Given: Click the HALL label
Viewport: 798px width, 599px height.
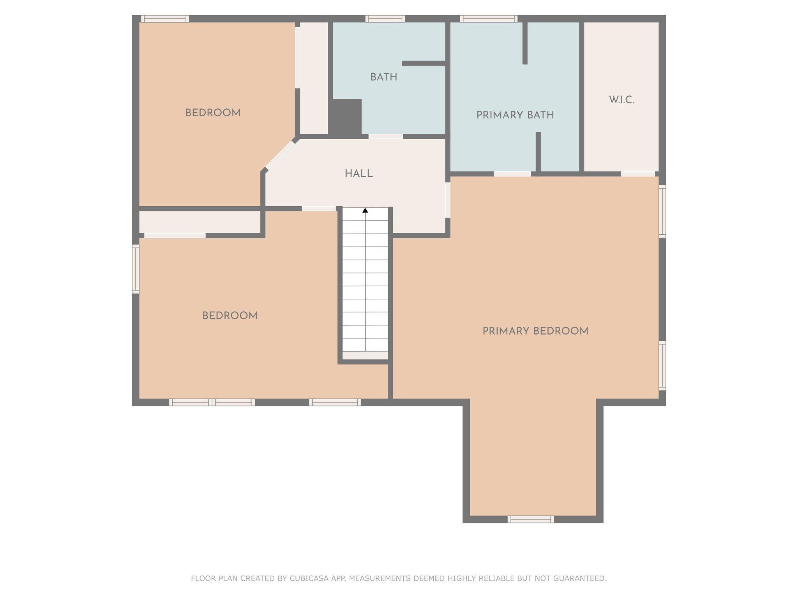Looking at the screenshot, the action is [358, 174].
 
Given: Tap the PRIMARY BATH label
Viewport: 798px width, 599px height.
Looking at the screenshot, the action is [515, 115].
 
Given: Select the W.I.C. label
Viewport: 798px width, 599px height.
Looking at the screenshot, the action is [621, 100].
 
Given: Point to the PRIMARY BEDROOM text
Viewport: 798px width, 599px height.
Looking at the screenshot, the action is [535, 331].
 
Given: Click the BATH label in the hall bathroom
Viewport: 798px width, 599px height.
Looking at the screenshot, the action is [384, 77].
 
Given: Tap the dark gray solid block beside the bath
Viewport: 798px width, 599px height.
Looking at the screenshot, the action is [345, 117].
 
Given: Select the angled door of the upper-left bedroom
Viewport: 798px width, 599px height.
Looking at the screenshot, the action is [280, 155].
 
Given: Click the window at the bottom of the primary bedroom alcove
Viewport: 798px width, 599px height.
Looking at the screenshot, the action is [531, 519].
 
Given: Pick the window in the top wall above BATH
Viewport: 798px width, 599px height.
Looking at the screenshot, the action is [385, 18].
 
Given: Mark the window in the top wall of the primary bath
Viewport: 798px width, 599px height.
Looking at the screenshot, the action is [489, 18].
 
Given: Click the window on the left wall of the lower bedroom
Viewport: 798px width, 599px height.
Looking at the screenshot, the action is [136, 269].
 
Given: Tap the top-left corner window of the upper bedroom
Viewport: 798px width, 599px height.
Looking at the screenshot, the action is [165, 18].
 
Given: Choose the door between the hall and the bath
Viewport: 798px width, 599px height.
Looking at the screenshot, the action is [385, 136].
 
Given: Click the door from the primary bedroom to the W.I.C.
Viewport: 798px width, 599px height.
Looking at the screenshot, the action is [638, 174].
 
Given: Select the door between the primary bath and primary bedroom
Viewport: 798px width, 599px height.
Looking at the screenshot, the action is [512, 174].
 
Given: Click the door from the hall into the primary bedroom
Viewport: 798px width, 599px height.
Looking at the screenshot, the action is [448, 200].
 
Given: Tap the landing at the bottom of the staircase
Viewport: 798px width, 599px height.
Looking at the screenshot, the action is [365, 355].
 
